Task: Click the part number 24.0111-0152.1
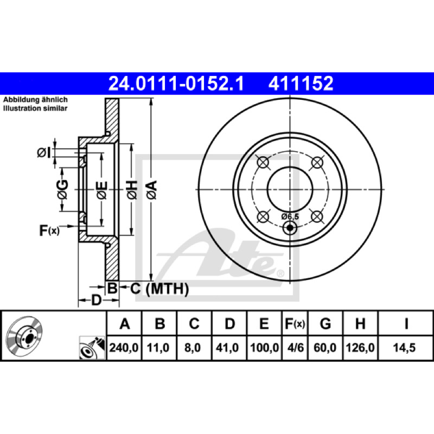click(176, 84)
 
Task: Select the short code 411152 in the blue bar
click(301, 84)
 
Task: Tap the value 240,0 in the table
click(124, 348)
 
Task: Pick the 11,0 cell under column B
click(158, 348)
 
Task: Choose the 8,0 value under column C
click(193, 348)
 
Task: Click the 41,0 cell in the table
click(227, 348)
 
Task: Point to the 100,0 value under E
click(264, 348)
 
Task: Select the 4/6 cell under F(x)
click(295, 348)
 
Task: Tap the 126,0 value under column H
click(360, 348)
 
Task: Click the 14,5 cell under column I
click(404, 348)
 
